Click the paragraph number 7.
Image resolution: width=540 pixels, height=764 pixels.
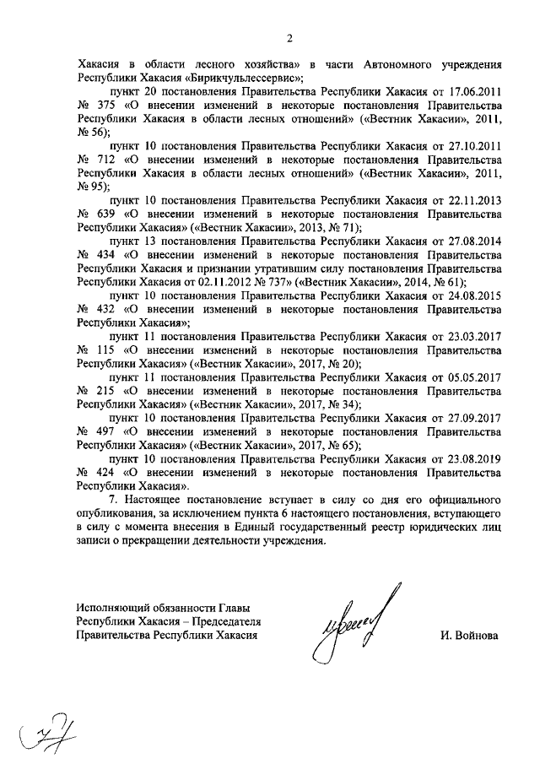click(113, 500)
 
